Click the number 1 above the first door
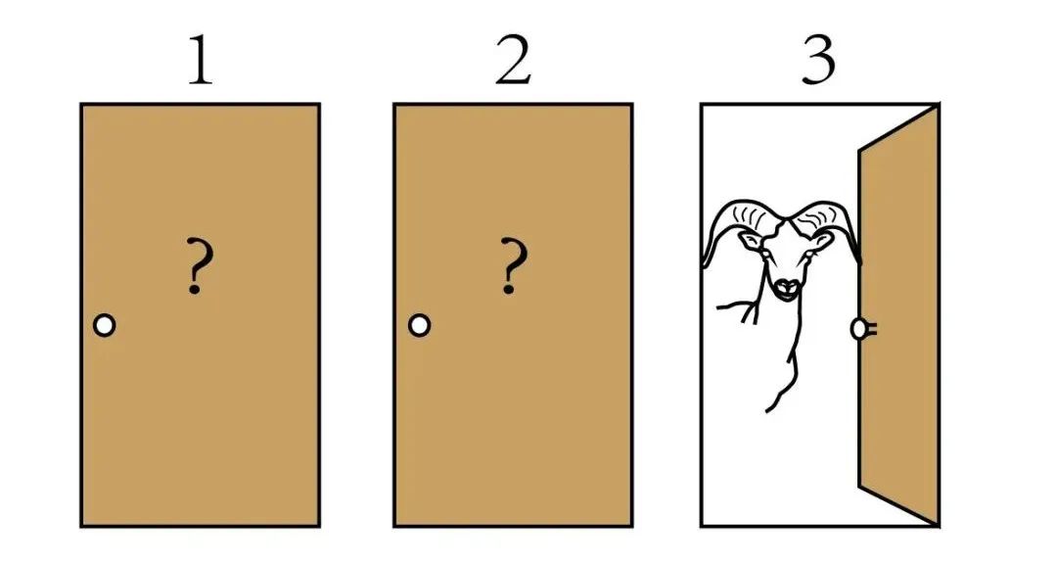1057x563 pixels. (201, 62)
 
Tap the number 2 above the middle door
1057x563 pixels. (514, 61)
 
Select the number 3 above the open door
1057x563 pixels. (819, 61)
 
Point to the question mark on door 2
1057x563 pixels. (513, 265)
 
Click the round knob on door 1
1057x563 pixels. (105, 325)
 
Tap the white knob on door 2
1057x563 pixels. (419, 325)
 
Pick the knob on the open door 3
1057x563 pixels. (861, 329)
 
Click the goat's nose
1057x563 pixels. (786, 287)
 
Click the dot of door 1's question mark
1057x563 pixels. (195, 289)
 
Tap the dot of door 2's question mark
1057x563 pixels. (509, 289)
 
